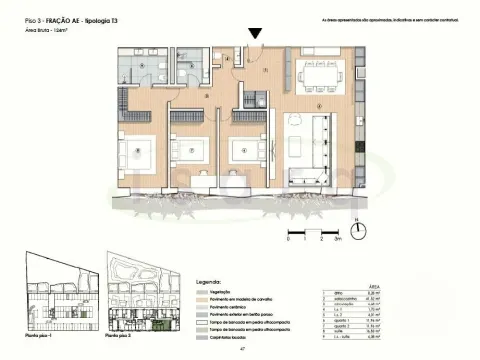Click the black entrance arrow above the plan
(x=257, y=34)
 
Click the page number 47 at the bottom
(x=241, y=350)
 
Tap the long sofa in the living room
(x=320, y=140)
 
